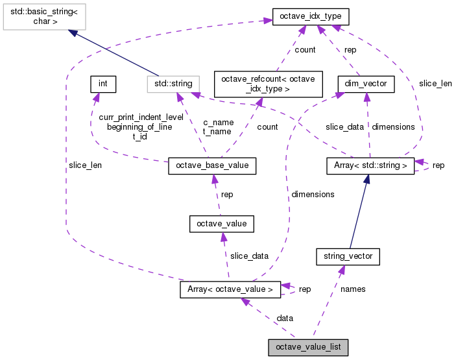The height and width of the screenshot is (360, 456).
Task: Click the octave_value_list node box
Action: pos(309,348)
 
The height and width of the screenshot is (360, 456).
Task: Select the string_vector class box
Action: pos(347,256)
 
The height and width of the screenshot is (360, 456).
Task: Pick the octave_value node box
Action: pos(221,224)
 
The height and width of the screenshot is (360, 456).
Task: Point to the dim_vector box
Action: pos(366,84)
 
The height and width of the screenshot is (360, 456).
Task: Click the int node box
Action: pos(102,84)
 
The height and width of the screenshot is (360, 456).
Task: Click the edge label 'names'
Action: pos(353,289)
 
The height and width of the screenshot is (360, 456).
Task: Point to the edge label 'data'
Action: pos(285,318)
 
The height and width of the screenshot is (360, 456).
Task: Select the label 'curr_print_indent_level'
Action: pos(141,117)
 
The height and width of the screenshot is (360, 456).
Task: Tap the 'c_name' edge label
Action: pos(218,121)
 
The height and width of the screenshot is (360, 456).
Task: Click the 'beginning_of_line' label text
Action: pos(139,126)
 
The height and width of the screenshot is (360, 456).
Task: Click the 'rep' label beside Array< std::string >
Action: pos(438,165)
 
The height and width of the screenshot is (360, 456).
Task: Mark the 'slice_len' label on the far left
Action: pos(85,165)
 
